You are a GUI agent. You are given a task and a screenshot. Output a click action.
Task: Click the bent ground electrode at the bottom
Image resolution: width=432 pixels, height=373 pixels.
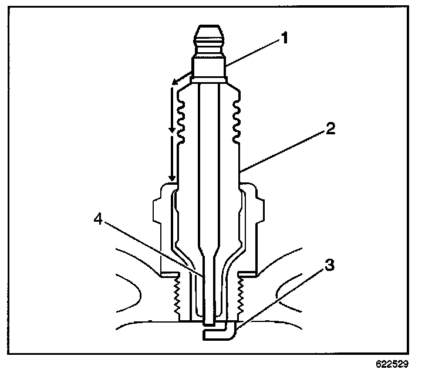[221, 333]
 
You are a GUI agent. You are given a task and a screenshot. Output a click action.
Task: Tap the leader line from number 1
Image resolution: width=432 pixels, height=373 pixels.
[252, 56]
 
